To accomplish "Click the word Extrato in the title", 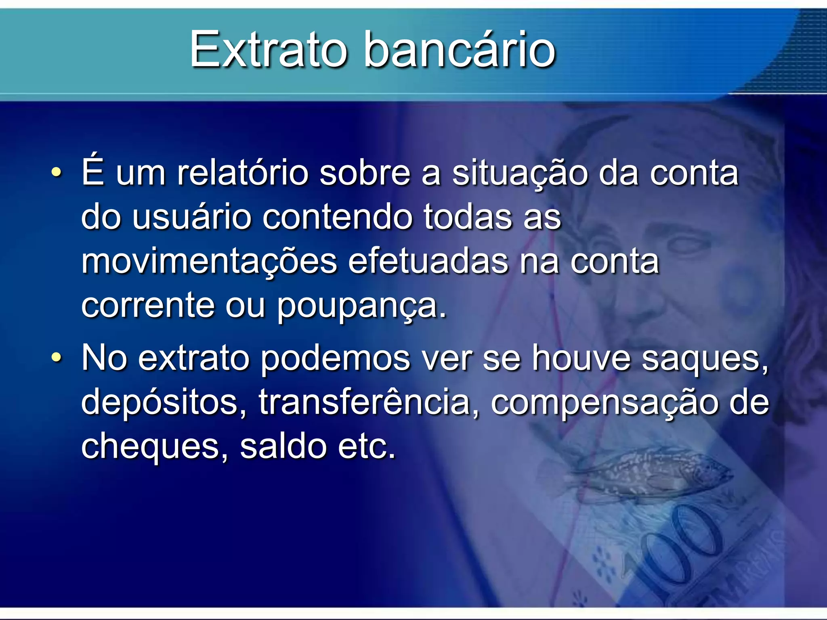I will pyautogui.click(x=269, y=50).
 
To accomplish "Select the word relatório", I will pyautogui.click(x=243, y=173).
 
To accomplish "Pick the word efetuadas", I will pyautogui.click(x=428, y=262).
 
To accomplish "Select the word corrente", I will pyautogui.click(x=148, y=306).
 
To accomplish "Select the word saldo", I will pyautogui.click(x=283, y=446).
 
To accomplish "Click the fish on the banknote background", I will pyautogui.click(x=654, y=472).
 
